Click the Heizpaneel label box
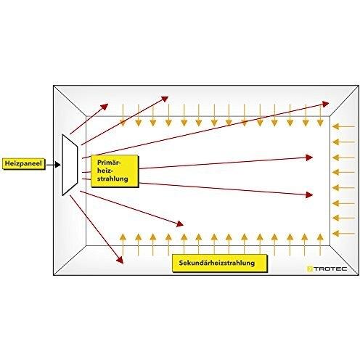[x=24, y=164]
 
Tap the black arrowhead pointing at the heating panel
[x=57, y=165]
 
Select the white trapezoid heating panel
[x=70, y=165]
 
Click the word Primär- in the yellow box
[x=109, y=163]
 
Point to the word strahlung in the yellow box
[x=112, y=179]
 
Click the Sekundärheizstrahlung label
[x=217, y=263]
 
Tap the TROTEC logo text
[x=330, y=269]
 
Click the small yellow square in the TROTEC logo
[x=310, y=269]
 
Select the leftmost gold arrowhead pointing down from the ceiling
[x=123, y=123]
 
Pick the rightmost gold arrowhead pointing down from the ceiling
[x=320, y=123]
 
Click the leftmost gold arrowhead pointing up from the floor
[x=123, y=237]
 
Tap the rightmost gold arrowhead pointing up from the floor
[x=320, y=237]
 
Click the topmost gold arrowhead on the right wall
[x=335, y=126]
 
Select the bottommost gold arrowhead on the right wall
[x=335, y=234]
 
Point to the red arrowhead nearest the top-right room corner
[x=325, y=105]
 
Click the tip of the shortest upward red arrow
[x=108, y=104]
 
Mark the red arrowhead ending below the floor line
[x=120, y=260]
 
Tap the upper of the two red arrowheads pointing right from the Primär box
[x=309, y=157]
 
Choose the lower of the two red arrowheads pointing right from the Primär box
[x=309, y=195]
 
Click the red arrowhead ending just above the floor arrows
[x=180, y=224]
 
